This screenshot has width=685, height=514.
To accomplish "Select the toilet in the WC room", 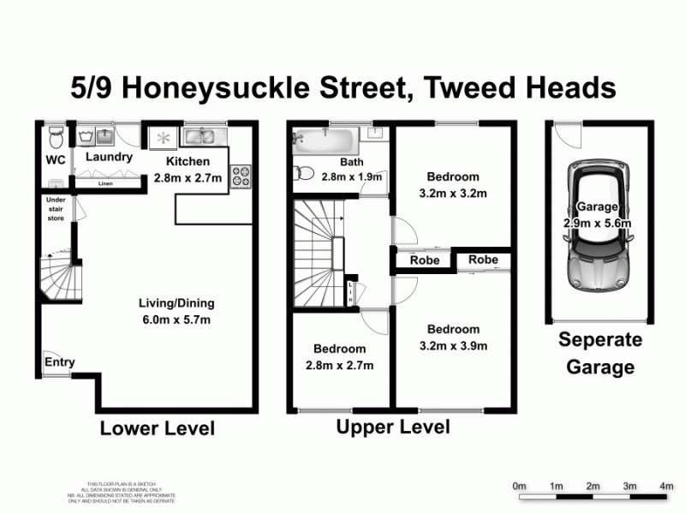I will (x=56, y=136).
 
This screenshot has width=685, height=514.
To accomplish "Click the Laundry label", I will (x=110, y=158).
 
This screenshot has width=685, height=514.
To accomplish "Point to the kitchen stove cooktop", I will (x=241, y=176).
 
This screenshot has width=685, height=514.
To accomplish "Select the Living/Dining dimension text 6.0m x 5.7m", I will (x=176, y=320).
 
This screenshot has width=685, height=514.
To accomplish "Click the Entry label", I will (x=60, y=362).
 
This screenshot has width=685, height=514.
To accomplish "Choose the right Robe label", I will (x=484, y=260).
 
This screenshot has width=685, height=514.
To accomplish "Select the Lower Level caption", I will (x=158, y=428).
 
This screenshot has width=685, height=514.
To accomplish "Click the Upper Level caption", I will (x=393, y=427).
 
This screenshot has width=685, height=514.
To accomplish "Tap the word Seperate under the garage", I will (x=599, y=340).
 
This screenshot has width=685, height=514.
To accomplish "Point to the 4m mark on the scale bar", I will (x=666, y=486).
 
